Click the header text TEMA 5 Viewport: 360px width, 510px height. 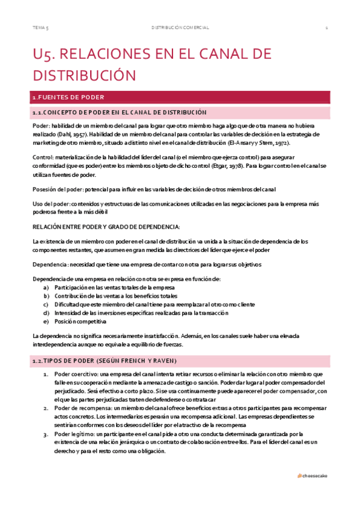[x=40, y=28]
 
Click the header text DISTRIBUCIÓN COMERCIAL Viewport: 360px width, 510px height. [x=180, y=28]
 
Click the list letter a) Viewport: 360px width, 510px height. [x=46, y=287]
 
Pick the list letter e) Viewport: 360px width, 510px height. [x=46, y=321]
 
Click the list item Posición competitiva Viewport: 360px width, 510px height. [x=78, y=321]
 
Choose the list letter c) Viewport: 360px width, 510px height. [x=46, y=304]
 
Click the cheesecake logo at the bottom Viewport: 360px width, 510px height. [x=313, y=475]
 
